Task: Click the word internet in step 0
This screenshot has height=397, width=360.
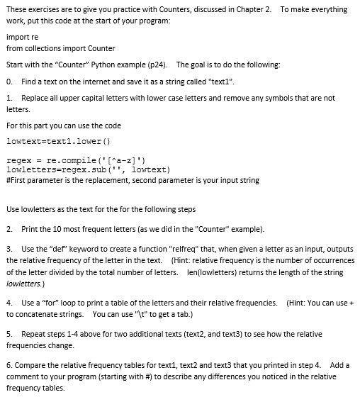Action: click(99, 82)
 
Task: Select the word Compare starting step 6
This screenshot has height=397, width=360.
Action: click(30, 364)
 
